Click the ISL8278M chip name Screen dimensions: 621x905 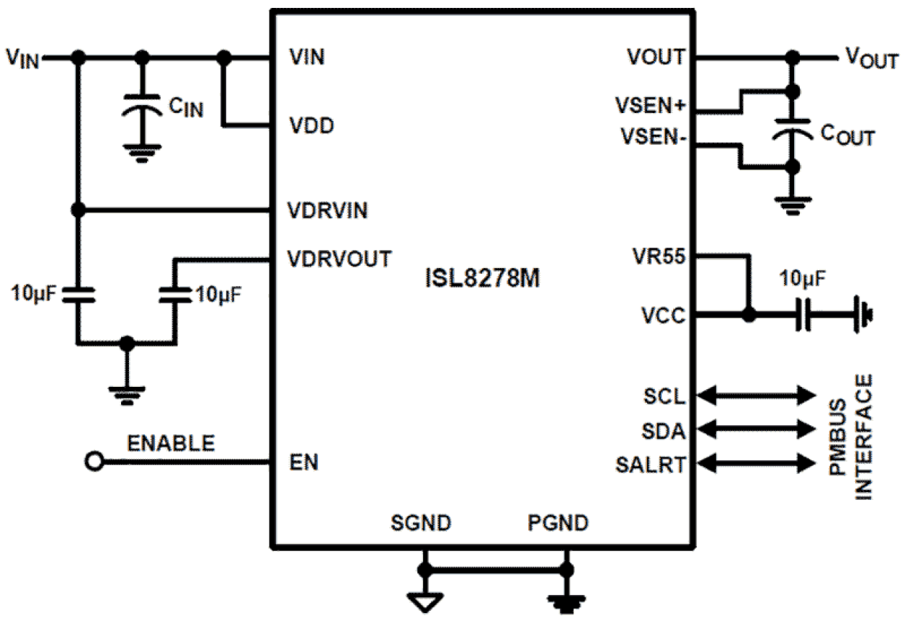click(481, 278)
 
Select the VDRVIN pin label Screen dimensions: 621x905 click(328, 211)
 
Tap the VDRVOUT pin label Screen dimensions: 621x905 click(339, 258)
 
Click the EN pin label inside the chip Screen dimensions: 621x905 click(303, 463)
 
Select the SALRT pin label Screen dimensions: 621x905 click(651, 465)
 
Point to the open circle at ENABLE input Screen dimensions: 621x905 click(93, 462)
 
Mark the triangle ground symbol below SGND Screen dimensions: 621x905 click(425, 599)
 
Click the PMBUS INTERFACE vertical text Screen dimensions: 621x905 click(850, 437)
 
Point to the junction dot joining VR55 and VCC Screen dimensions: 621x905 click(749, 316)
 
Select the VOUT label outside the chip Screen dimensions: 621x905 click(870, 58)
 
